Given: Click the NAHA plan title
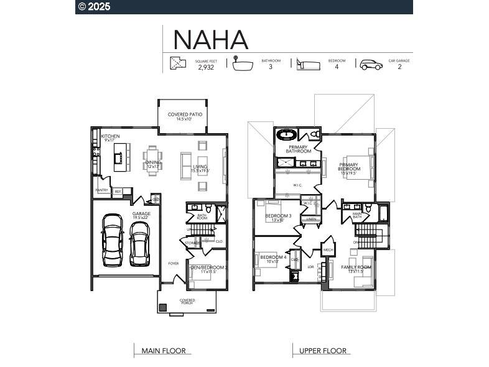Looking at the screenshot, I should click(x=210, y=39).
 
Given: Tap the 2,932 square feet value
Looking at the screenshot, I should click(x=206, y=67).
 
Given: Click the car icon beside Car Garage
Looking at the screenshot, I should click(x=371, y=64).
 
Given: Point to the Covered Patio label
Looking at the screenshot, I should click(x=185, y=115).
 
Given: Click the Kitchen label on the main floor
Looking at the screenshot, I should click(x=110, y=136).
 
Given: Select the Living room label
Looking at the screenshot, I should click(x=200, y=167).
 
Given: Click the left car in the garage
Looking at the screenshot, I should click(x=113, y=239).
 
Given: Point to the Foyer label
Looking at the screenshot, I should click(x=173, y=264).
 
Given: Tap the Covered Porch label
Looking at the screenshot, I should click(x=187, y=302).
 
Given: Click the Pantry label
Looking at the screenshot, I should click(x=101, y=190).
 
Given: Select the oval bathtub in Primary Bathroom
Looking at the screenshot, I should click(x=287, y=134).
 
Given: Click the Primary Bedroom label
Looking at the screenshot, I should click(x=349, y=167).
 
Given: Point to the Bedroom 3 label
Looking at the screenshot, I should click(x=278, y=216).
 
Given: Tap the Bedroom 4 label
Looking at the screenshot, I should click(x=273, y=258).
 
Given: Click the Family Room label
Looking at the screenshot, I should click(x=356, y=267).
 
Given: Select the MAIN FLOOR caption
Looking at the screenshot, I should click(x=164, y=351).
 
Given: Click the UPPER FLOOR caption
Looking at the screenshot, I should click(x=322, y=351).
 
